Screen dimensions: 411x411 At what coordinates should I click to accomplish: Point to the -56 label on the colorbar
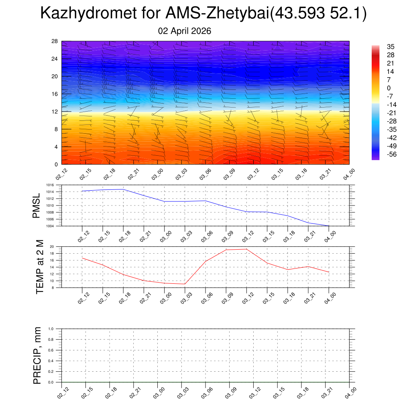(x=390, y=154)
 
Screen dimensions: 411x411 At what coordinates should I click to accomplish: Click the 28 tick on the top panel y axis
(x=55, y=41)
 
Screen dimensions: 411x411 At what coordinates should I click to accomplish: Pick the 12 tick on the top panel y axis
(x=55, y=112)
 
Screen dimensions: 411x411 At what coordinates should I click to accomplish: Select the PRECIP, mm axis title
(x=37, y=356)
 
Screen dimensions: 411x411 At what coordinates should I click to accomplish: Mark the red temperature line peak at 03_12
(x=246, y=249)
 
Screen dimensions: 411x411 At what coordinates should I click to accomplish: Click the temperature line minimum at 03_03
(x=185, y=284)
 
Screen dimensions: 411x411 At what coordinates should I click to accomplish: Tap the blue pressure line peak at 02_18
(x=123, y=189)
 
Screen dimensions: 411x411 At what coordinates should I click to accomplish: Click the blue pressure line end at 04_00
(x=329, y=226)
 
